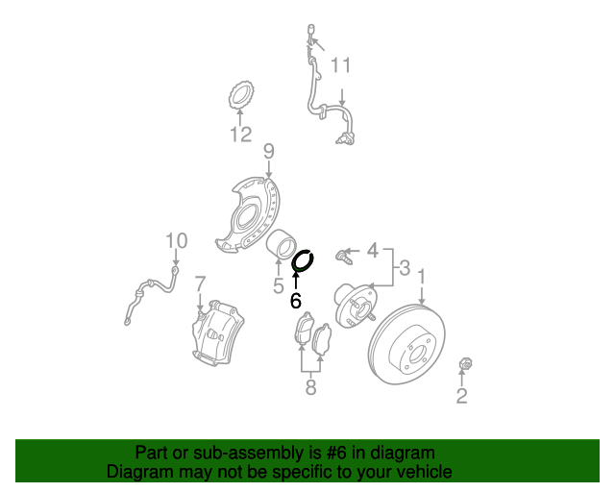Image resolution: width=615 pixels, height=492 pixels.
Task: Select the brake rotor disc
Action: (x=407, y=344)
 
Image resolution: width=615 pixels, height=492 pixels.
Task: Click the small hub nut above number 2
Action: (x=465, y=363)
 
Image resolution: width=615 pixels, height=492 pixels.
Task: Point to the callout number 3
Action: (x=405, y=268)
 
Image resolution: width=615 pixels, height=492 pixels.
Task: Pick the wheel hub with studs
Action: (x=355, y=306)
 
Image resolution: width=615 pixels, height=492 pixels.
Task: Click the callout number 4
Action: (x=373, y=250)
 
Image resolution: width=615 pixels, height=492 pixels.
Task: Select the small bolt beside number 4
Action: (x=344, y=256)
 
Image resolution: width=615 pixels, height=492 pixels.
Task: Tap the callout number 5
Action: (x=279, y=285)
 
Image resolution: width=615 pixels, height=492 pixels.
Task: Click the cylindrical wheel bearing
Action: (x=282, y=244)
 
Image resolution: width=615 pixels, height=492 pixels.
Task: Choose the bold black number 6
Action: (x=296, y=300)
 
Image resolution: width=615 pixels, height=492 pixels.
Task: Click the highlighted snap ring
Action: (x=304, y=261)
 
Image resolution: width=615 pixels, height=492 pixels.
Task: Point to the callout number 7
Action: (x=200, y=283)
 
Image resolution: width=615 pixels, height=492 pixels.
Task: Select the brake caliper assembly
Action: (x=218, y=332)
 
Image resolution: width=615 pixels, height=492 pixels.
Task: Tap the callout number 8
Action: (x=310, y=387)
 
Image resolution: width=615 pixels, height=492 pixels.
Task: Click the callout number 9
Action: (x=269, y=152)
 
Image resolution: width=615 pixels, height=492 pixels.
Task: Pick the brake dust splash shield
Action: (x=248, y=214)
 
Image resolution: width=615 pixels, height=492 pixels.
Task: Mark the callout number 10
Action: (x=177, y=240)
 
